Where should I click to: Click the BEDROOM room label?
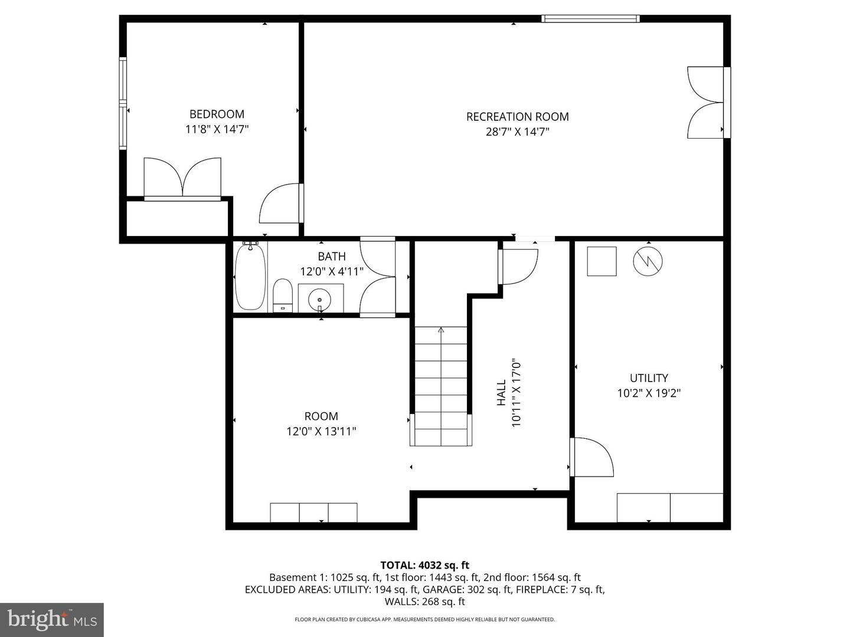pyautogui.click(x=217, y=114)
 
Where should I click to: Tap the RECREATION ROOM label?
pyautogui.click(x=517, y=117)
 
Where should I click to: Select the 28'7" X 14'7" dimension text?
pyautogui.click(x=517, y=132)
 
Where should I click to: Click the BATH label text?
pyautogui.click(x=332, y=257)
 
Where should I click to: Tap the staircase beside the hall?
pyautogui.click(x=441, y=386)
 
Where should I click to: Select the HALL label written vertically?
pyautogui.click(x=501, y=392)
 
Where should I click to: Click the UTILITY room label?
pyautogui.click(x=649, y=378)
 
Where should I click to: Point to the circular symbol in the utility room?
pyautogui.click(x=648, y=261)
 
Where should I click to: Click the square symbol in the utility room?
pyautogui.click(x=601, y=261)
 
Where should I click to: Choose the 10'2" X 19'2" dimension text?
pyautogui.click(x=649, y=393)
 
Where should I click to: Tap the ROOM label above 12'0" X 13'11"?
pyautogui.click(x=321, y=416)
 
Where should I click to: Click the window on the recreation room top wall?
pyautogui.click(x=590, y=19)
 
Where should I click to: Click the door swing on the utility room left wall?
pyautogui.click(x=592, y=457)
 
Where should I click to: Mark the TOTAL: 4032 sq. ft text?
pyautogui.click(x=424, y=566)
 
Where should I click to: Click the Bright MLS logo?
pyautogui.click(x=52, y=619)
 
